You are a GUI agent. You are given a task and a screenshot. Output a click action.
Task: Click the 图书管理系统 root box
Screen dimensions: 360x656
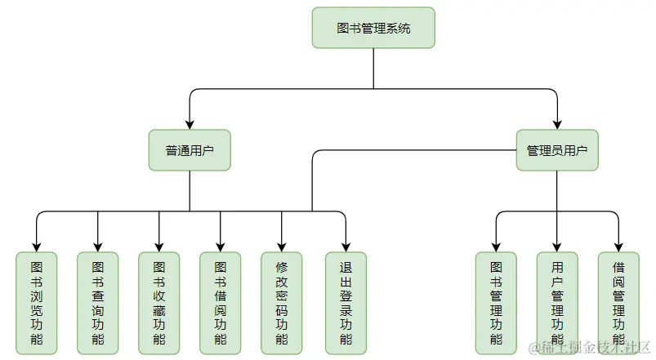coord(373,28)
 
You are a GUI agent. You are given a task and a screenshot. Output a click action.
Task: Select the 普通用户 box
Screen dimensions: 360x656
coord(190,150)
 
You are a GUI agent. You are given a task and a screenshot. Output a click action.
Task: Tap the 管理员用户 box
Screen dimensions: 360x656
coord(557,150)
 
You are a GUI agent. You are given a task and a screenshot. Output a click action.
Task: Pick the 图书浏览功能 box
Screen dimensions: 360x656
coord(37,303)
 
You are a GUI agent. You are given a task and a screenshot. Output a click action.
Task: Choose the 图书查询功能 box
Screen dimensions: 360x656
coord(98,303)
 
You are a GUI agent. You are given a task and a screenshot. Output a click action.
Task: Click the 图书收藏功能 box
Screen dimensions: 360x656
coord(159,303)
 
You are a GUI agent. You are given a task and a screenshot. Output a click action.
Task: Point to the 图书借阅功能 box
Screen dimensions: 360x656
coord(221,303)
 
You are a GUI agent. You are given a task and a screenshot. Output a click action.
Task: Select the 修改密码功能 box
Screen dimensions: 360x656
coord(282,303)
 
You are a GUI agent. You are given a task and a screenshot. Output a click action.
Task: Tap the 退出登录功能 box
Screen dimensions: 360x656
coord(346,303)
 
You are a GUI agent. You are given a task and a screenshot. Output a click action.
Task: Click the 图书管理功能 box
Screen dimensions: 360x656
coord(496,303)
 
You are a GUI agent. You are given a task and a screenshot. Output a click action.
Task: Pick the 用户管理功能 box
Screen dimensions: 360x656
coord(557,303)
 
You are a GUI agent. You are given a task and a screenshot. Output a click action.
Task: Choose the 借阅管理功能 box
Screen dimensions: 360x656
coord(618,303)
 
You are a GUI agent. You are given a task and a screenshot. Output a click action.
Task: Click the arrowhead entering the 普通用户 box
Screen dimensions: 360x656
coord(190,124)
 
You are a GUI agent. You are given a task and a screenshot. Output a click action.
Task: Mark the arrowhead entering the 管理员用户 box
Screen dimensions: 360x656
coord(557,124)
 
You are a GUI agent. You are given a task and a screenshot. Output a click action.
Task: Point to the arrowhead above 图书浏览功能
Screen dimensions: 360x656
coord(37,247)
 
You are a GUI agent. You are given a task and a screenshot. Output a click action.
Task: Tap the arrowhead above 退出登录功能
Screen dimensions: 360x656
coord(346,247)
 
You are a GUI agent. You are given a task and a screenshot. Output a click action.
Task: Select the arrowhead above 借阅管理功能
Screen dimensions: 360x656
coord(618,247)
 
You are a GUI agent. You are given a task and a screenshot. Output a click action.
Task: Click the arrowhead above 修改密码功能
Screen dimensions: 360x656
coord(282,247)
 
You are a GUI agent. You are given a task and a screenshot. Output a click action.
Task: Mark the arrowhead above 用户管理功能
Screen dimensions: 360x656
coord(557,247)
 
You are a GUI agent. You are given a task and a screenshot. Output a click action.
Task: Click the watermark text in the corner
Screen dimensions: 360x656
coord(590,348)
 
